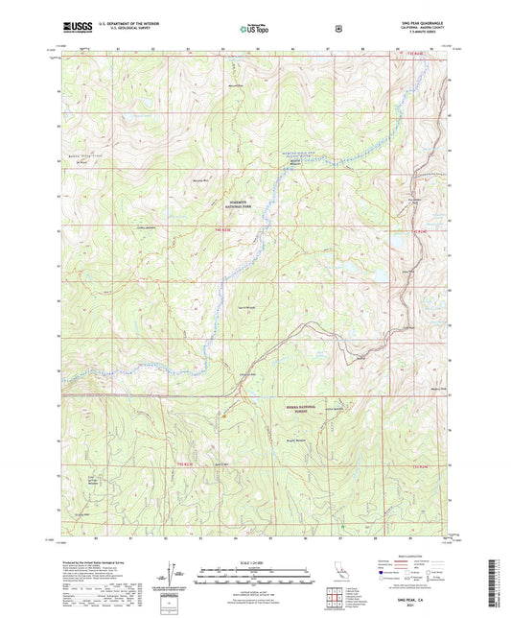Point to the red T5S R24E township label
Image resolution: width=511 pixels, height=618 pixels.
coord(416,465)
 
